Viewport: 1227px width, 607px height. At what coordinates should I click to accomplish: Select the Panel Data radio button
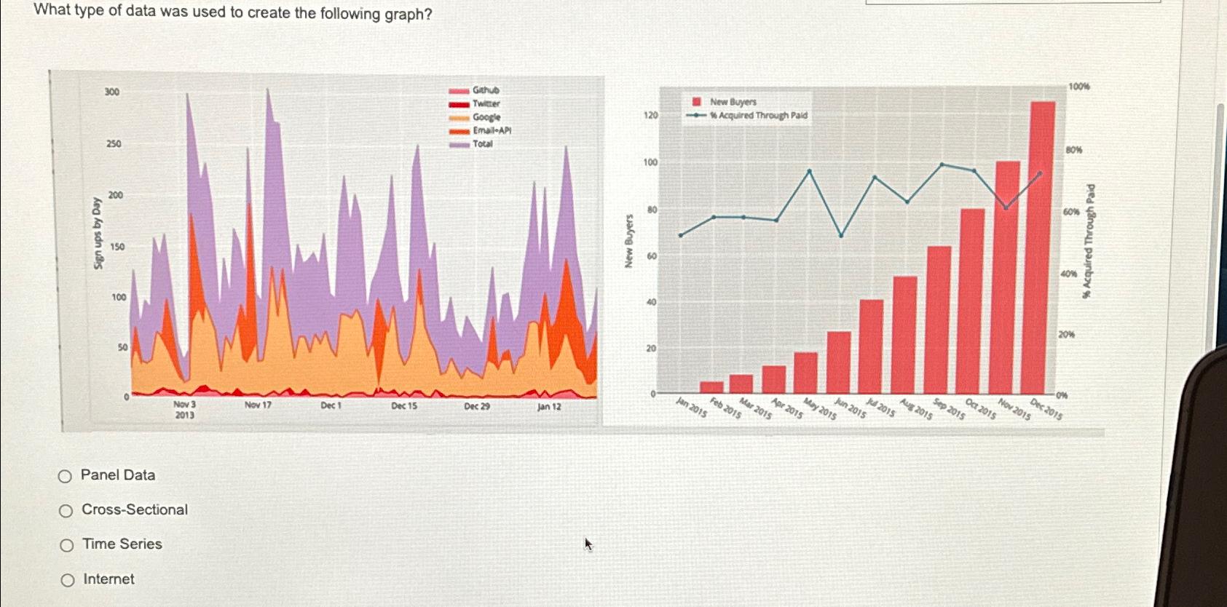coord(66,477)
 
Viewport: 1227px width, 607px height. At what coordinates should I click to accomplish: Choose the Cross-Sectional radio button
coord(66,511)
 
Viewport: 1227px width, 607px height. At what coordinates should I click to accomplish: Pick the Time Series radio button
coord(67,545)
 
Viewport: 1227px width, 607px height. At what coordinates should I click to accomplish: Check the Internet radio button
coord(68,580)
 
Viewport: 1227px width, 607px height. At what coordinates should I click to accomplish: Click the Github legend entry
coord(485,90)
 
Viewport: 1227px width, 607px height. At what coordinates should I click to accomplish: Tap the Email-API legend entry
coord(492,130)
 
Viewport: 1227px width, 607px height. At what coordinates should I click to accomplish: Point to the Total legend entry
coord(482,144)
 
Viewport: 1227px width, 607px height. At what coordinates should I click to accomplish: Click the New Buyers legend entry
coord(733,102)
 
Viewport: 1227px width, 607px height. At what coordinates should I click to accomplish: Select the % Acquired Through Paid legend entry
coord(758,115)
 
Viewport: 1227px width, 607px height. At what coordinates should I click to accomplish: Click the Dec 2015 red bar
coord(1043,247)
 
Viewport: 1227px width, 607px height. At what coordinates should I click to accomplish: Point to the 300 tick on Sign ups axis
coord(112,92)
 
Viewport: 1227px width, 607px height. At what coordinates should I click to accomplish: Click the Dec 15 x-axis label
coord(404,406)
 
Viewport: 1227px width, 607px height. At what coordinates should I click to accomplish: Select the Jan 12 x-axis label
coord(549,407)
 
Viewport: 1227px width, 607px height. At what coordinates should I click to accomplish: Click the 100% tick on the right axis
coord(1078,87)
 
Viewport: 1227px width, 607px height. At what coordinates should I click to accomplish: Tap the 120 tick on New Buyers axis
coord(650,115)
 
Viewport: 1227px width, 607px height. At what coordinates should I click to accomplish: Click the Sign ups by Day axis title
coord(98,233)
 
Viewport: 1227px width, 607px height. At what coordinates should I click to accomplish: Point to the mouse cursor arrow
coord(588,544)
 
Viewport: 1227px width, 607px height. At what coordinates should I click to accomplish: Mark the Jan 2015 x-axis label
coord(691,408)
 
